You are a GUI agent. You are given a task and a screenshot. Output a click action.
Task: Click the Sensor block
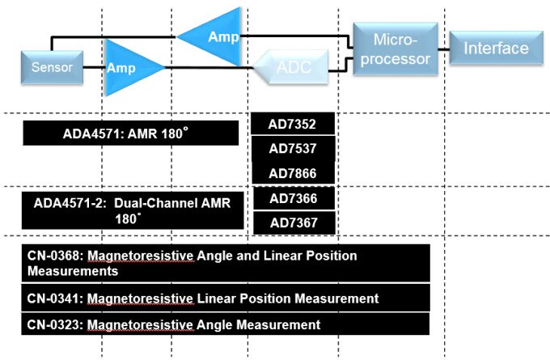[52, 67]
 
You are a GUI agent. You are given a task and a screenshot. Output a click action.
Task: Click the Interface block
[496, 49]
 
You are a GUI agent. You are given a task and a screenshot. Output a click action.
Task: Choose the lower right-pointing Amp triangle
[129, 68]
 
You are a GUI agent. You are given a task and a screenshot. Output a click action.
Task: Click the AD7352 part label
[292, 125]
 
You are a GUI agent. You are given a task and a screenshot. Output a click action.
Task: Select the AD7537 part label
[292, 149]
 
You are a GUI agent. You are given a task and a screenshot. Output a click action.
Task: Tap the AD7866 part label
[292, 173]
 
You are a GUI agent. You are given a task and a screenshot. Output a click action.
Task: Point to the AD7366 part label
[292, 198]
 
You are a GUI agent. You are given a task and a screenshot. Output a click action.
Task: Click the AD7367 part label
[292, 222]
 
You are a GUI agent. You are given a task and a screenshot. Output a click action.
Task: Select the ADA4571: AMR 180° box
[131, 133]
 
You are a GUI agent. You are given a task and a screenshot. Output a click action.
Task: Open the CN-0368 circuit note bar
[226, 263]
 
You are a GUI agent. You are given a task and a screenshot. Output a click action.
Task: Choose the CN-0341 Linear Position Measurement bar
[226, 299]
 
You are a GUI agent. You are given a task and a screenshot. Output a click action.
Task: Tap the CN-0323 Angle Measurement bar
[226, 324]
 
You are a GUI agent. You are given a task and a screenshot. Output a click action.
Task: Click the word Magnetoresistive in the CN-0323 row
[140, 324]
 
